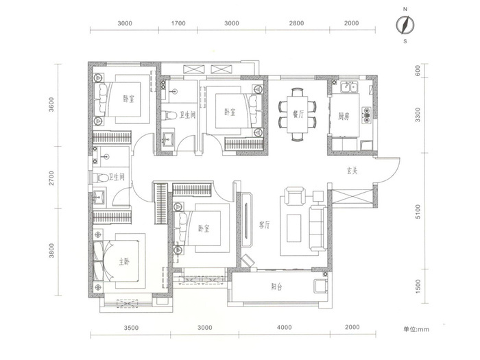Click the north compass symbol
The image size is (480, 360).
point(405,25)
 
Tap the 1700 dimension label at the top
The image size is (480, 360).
point(178,23)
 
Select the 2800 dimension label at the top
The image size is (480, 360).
point(297,23)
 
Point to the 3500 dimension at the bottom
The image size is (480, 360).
point(131,328)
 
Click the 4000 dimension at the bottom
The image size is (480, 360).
point(285,327)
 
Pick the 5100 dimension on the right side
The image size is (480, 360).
point(418,211)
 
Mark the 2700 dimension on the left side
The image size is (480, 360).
point(51,178)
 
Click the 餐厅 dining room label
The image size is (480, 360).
point(298,115)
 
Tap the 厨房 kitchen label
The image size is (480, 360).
point(344,117)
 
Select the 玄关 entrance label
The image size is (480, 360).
point(352,171)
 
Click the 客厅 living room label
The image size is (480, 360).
point(264,226)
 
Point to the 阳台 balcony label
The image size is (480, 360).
point(277,287)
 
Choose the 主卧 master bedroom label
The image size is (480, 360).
point(124,262)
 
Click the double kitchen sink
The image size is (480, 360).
point(349,87)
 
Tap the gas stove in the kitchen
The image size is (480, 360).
point(366,115)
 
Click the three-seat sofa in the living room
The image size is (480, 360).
point(317,228)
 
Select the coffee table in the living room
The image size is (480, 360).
point(294,228)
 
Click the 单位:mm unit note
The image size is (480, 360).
point(416,329)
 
